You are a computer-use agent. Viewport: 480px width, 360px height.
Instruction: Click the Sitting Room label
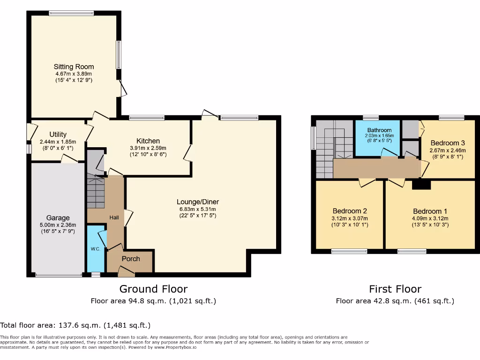click(74, 67)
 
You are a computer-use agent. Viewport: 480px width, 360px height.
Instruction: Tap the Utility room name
click(58, 135)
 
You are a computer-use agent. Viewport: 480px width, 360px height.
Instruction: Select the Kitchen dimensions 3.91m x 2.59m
click(148, 148)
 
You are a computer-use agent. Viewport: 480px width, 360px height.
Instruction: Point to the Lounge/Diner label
click(198, 202)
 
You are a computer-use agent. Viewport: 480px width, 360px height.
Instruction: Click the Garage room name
click(58, 218)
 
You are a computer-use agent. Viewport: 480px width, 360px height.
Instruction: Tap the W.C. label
click(96, 249)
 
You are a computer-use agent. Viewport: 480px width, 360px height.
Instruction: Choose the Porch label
click(131, 259)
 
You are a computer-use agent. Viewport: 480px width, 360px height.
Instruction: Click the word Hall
click(114, 217)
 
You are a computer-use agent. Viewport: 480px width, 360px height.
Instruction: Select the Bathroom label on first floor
click(379, 130)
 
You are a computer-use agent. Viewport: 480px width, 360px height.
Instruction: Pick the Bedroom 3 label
click(448, 143)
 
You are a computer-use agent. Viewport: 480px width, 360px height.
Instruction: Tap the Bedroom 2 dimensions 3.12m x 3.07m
click(350, 218)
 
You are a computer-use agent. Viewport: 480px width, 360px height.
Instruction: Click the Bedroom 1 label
click(430, 211)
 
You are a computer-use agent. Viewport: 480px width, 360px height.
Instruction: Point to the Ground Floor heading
click(153, 289)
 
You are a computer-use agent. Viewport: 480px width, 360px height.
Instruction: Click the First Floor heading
click(395, 289)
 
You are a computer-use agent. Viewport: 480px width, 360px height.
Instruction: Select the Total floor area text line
click(75, 325)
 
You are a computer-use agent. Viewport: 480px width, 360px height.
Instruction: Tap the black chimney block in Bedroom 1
click(421, 185)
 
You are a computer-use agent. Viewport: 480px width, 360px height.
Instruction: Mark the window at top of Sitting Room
click(71, 13)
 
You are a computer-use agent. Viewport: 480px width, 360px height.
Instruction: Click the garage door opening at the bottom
click(59, 275)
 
